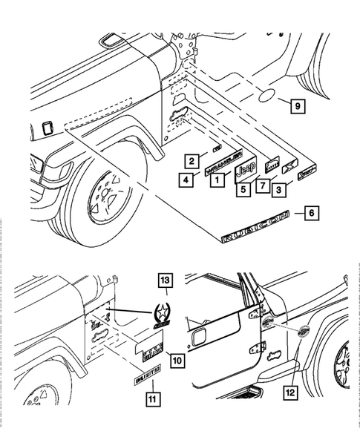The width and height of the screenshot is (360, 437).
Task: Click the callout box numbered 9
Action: [x=295, y=107]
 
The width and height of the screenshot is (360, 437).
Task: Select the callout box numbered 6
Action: [x=311, y=214]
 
